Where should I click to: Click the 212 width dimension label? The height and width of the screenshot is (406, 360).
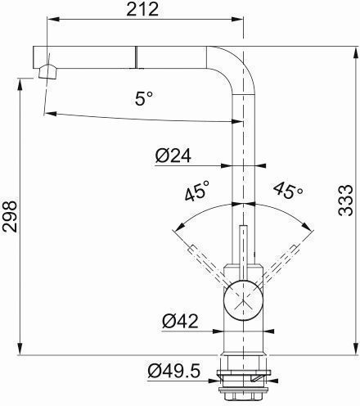click(142, 9)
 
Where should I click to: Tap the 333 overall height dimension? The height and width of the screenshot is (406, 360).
click(345, 201)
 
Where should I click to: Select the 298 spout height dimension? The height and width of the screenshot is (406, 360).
click(10, 217)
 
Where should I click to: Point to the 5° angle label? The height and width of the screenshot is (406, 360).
click(144, 98)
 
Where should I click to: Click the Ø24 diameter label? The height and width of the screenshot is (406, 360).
click(173, 156)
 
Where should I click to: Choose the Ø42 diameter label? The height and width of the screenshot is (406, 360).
click(180, 321)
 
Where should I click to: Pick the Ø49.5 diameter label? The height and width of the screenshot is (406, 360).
click(174, 371)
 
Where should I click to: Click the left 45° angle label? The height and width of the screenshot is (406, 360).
click(197, 190)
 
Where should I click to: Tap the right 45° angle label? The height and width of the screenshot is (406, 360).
click(288, 190)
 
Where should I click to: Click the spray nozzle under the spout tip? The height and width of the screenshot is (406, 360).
click(47, 72)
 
